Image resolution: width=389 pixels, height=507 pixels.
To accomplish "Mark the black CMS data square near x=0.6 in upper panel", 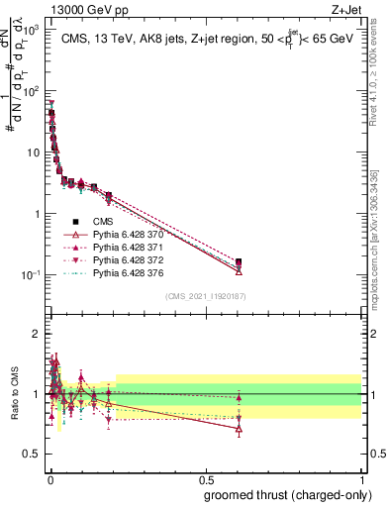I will (x=239, y=262).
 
